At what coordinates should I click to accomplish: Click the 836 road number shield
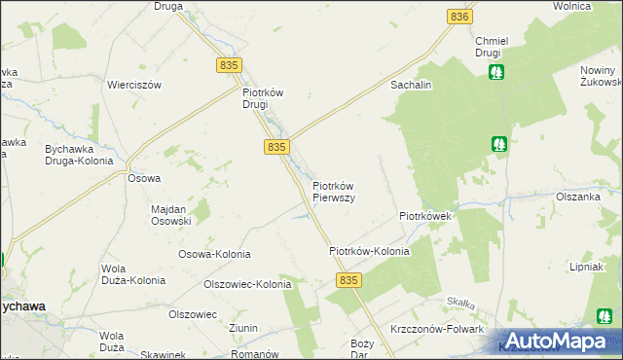[x=460, y=17]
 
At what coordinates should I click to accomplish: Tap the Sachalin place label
[x=411, y=86]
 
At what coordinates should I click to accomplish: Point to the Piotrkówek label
[x=424, y=216]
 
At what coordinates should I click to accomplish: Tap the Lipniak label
[x=588, y=267]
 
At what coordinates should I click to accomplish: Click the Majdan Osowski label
[x=171, y=215]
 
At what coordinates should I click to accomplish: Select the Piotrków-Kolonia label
[x=369, y=251]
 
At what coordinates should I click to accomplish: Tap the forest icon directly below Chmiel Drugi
[x=496, y=72]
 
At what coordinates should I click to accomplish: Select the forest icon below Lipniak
[x=605, y=315]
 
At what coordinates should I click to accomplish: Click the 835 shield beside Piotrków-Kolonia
[x=351, y=279]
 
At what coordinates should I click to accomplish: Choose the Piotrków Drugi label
[x=262, y=99]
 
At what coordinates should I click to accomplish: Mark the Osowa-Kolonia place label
[x=214, y=254]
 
